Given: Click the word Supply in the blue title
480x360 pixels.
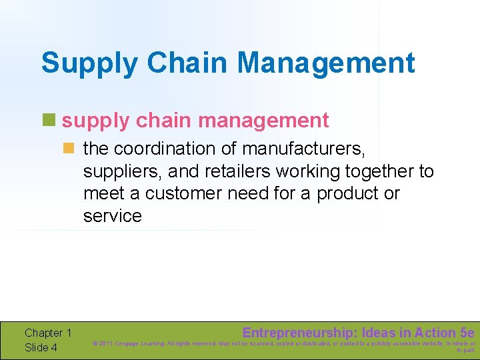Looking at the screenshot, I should [90, 63].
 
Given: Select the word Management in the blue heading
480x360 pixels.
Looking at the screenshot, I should [326, 63].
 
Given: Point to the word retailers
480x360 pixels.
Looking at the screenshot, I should [243, 171].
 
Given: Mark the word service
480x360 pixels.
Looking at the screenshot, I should [113, 216].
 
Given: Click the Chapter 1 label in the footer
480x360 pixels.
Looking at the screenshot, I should [48, 333].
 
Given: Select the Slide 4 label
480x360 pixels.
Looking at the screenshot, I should [41, 347].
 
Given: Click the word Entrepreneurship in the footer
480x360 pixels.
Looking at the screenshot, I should [297, 332].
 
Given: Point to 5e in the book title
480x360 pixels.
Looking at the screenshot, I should [467, 332].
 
